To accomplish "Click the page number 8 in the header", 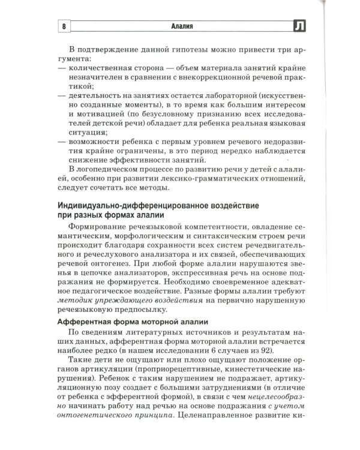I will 64,26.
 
